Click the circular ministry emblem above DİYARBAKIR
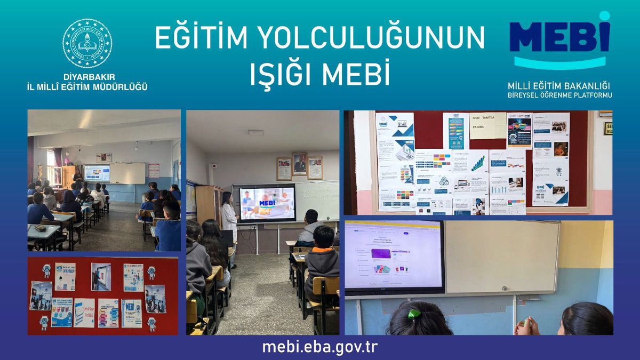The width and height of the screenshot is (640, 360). click(x=87, y=43)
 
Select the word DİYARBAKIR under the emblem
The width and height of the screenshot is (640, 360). click(x=87, y=77)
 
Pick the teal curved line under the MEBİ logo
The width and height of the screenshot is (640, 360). click(x=559, y=63)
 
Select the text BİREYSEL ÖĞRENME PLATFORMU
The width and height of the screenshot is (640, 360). click(x=559, y=95)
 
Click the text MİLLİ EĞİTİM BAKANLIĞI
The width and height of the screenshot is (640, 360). click(x=559, y=85)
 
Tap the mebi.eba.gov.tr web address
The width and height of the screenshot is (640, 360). click(x=319, y=347)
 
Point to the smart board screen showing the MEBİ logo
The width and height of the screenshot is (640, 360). click(x=267, y=203)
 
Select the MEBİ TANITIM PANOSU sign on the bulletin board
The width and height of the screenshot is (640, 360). click(x=487, y=125)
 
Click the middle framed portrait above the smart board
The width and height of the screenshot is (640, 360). click(x=299, y=165)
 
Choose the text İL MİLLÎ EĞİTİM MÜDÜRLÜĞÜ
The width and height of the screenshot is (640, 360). click(x=87, y=86)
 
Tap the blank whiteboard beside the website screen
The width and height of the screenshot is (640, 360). click(x=501, y=256)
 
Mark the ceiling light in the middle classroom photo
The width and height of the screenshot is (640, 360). click(x=255, y=132)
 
